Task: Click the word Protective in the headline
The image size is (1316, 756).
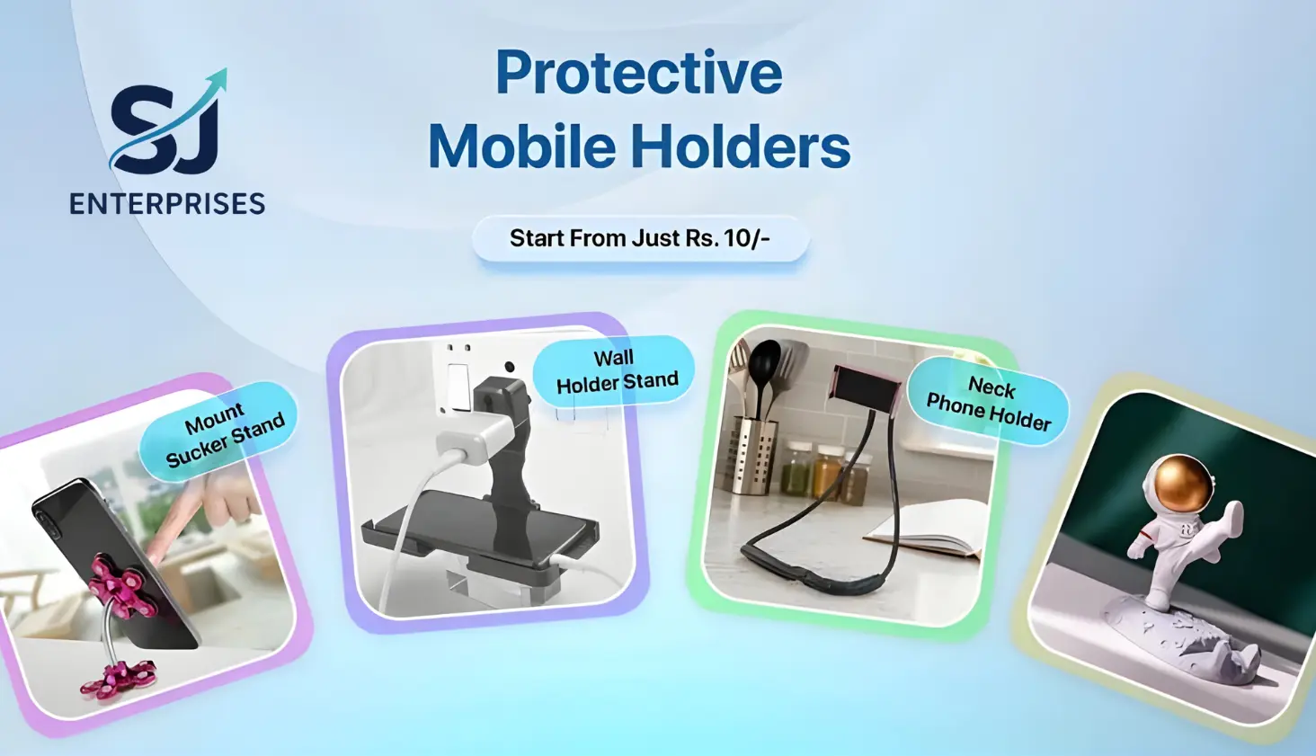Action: coord(639,74)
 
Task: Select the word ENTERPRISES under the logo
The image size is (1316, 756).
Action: coord(167,204)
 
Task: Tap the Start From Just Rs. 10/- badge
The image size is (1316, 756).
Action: coord(640,239)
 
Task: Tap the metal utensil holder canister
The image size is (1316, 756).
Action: coord(753,455)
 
